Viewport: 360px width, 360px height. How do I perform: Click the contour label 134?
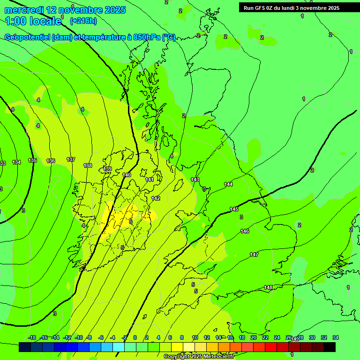point(16,162)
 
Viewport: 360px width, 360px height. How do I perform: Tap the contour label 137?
point(71,159)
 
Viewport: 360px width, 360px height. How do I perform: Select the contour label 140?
point(127,175)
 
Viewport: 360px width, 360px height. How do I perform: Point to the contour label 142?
point(156,198)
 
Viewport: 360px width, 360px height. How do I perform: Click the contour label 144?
point(228,184)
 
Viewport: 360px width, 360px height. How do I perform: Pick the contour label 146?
point(245,231)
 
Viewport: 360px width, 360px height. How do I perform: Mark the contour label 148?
point(268,287)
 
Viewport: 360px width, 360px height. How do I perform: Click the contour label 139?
point(107,169)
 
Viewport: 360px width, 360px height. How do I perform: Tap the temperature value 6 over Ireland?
point(131,222)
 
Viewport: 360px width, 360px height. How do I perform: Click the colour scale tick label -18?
point(32,337)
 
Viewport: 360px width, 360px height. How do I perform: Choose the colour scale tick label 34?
point(336,337)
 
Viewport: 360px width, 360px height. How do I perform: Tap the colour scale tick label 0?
point(135,337)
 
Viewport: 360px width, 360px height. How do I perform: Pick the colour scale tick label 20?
point(253,337)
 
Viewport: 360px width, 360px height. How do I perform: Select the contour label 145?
point(234,209)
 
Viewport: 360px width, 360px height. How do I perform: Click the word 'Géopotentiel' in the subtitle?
point(27,37)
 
